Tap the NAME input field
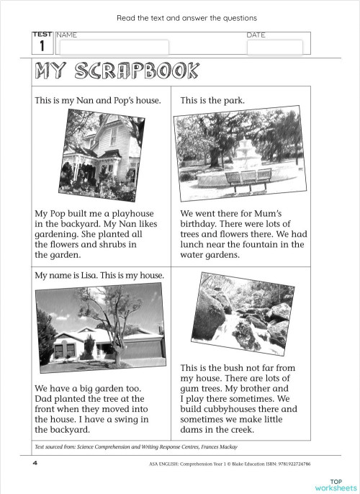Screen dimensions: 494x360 114,47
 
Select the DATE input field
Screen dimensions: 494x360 274,48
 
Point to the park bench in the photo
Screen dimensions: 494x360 248,176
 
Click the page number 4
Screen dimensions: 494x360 35,463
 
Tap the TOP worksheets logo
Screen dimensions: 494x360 336,483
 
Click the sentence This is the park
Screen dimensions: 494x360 212,101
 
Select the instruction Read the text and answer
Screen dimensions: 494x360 186,17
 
